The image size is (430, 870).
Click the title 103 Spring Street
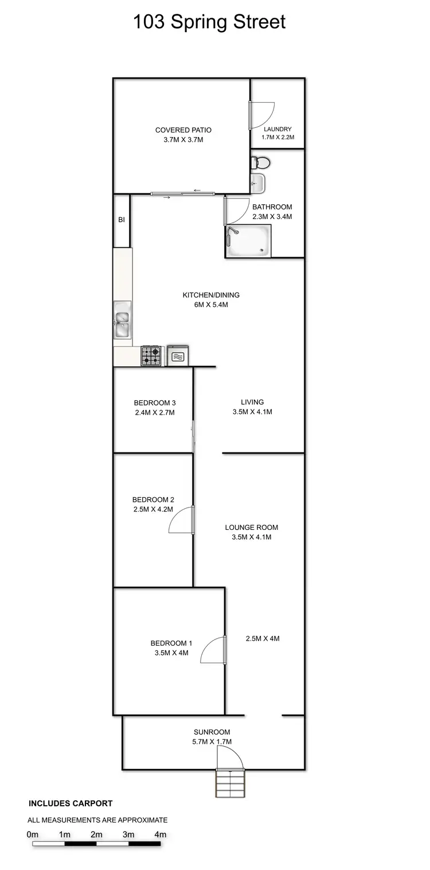(209, 22)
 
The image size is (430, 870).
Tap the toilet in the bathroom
(260, 162)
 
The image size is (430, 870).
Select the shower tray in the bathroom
(248, 241)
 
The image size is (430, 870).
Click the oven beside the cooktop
(178, 356)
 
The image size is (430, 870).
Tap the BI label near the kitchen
(122, 220)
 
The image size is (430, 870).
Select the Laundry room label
(277, 130)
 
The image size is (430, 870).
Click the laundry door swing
(263, 115)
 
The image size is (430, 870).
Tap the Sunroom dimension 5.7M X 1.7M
(212, 742)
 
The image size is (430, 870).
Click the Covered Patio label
(179, 130)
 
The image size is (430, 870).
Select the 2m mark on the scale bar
(96, 834)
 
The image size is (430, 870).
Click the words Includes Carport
(71, 803)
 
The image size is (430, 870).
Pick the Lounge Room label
(251, 528)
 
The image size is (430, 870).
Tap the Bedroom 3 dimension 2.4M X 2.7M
(154, 412)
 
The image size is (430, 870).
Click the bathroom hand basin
(258, 183)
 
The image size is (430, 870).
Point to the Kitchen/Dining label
(211, 295)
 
